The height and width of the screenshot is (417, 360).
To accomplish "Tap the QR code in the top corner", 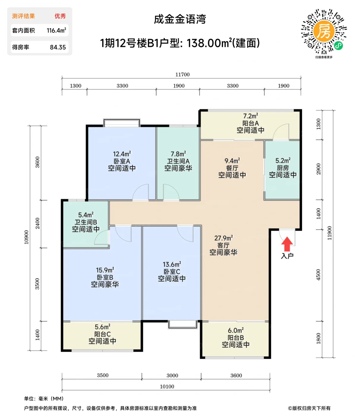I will pos(324,32).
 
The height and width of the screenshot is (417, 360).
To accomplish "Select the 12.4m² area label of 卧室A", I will pos(122,154).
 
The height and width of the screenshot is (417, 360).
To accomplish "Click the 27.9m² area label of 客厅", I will pos(223,238).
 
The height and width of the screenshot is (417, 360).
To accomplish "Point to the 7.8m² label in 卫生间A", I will pos(178,154).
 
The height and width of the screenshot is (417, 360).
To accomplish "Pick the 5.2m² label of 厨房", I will pos(283,161).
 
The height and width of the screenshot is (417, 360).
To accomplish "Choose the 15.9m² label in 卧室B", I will pos(105,270).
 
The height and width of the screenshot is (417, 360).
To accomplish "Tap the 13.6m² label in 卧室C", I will pos(172,264).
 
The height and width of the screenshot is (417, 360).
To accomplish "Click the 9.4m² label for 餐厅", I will pos(232,161).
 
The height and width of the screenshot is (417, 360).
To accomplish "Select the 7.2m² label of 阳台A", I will pos(250,116).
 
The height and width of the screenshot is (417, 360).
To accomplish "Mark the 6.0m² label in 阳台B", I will pos(236,331).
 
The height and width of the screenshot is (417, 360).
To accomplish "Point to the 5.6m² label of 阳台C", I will pos(103,327).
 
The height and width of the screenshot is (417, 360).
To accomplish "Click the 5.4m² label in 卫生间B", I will pos(86,215).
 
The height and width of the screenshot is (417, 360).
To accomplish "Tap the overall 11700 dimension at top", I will pos(182,74).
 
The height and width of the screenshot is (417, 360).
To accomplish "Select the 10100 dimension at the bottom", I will pos(167,387).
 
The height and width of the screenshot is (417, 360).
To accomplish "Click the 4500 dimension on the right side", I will pos(318,275).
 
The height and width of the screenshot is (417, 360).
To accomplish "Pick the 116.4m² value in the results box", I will pos(56,30).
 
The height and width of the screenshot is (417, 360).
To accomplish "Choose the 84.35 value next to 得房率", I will pos(58,47).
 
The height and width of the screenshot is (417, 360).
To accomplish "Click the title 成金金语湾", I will pos(180,19).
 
